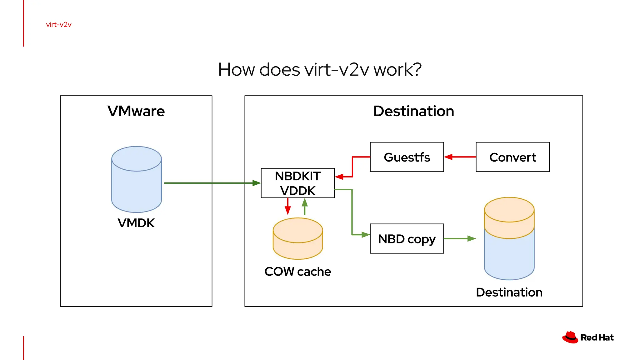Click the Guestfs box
(x=407, y=157)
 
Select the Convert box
(x=512, y=157)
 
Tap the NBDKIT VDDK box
(x=297, y=183)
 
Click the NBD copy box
(x=407, y=239)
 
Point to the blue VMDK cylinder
(x=137, y=184)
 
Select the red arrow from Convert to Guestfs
(x=460, y=157)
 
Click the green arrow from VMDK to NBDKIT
(x=212, y=183)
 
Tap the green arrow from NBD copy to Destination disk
(x=459, y=239)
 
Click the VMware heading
(x=136, y=111)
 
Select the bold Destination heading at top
(x=413, y=111)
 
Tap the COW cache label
(x=297, y=272)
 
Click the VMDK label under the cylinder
(x=136, y=223)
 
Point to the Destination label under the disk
(x=509, y=292)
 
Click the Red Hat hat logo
(x=570, y=337)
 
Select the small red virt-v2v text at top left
(x=59, y=25)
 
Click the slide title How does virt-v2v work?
(x=320, y=69)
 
